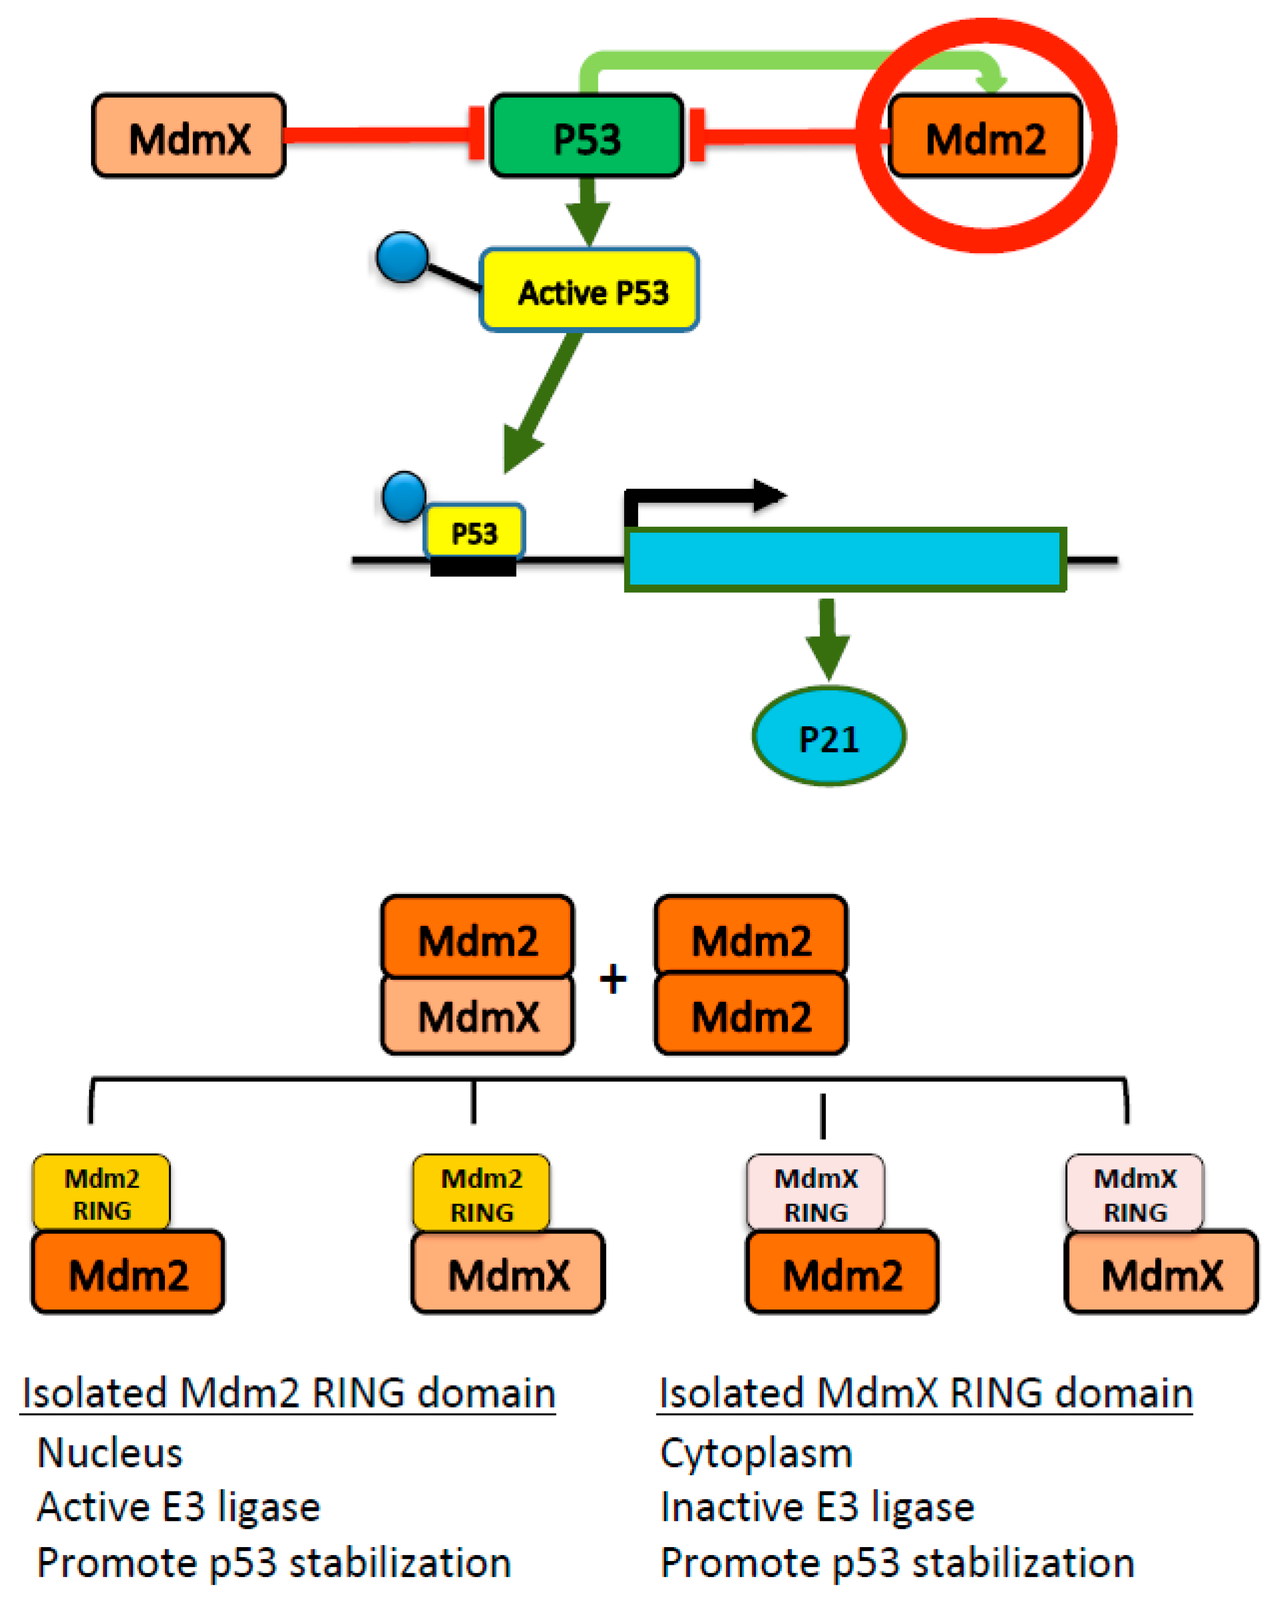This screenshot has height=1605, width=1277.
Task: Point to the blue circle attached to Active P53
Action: point(402,257)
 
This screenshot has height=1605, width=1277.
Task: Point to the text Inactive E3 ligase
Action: point(817,1507)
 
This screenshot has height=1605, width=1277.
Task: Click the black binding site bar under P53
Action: point(473,567)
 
